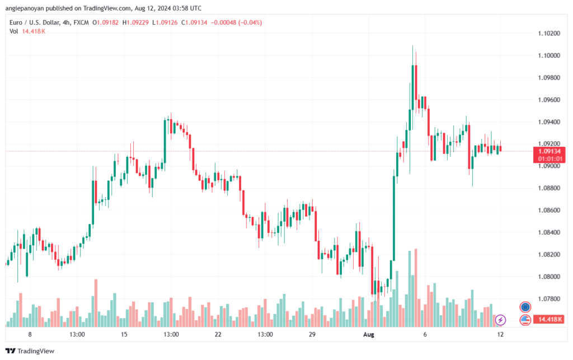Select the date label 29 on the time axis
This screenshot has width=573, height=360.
coord(312,334)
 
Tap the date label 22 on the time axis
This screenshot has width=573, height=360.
coord(218,334)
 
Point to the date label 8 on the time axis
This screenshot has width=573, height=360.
coord(30,334)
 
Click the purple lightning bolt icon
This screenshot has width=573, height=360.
coord(501,320)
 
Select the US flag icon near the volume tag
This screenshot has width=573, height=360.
coord(525,320)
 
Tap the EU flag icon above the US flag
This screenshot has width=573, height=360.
coord(525,307)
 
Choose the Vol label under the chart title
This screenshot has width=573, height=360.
coord(14,31)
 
